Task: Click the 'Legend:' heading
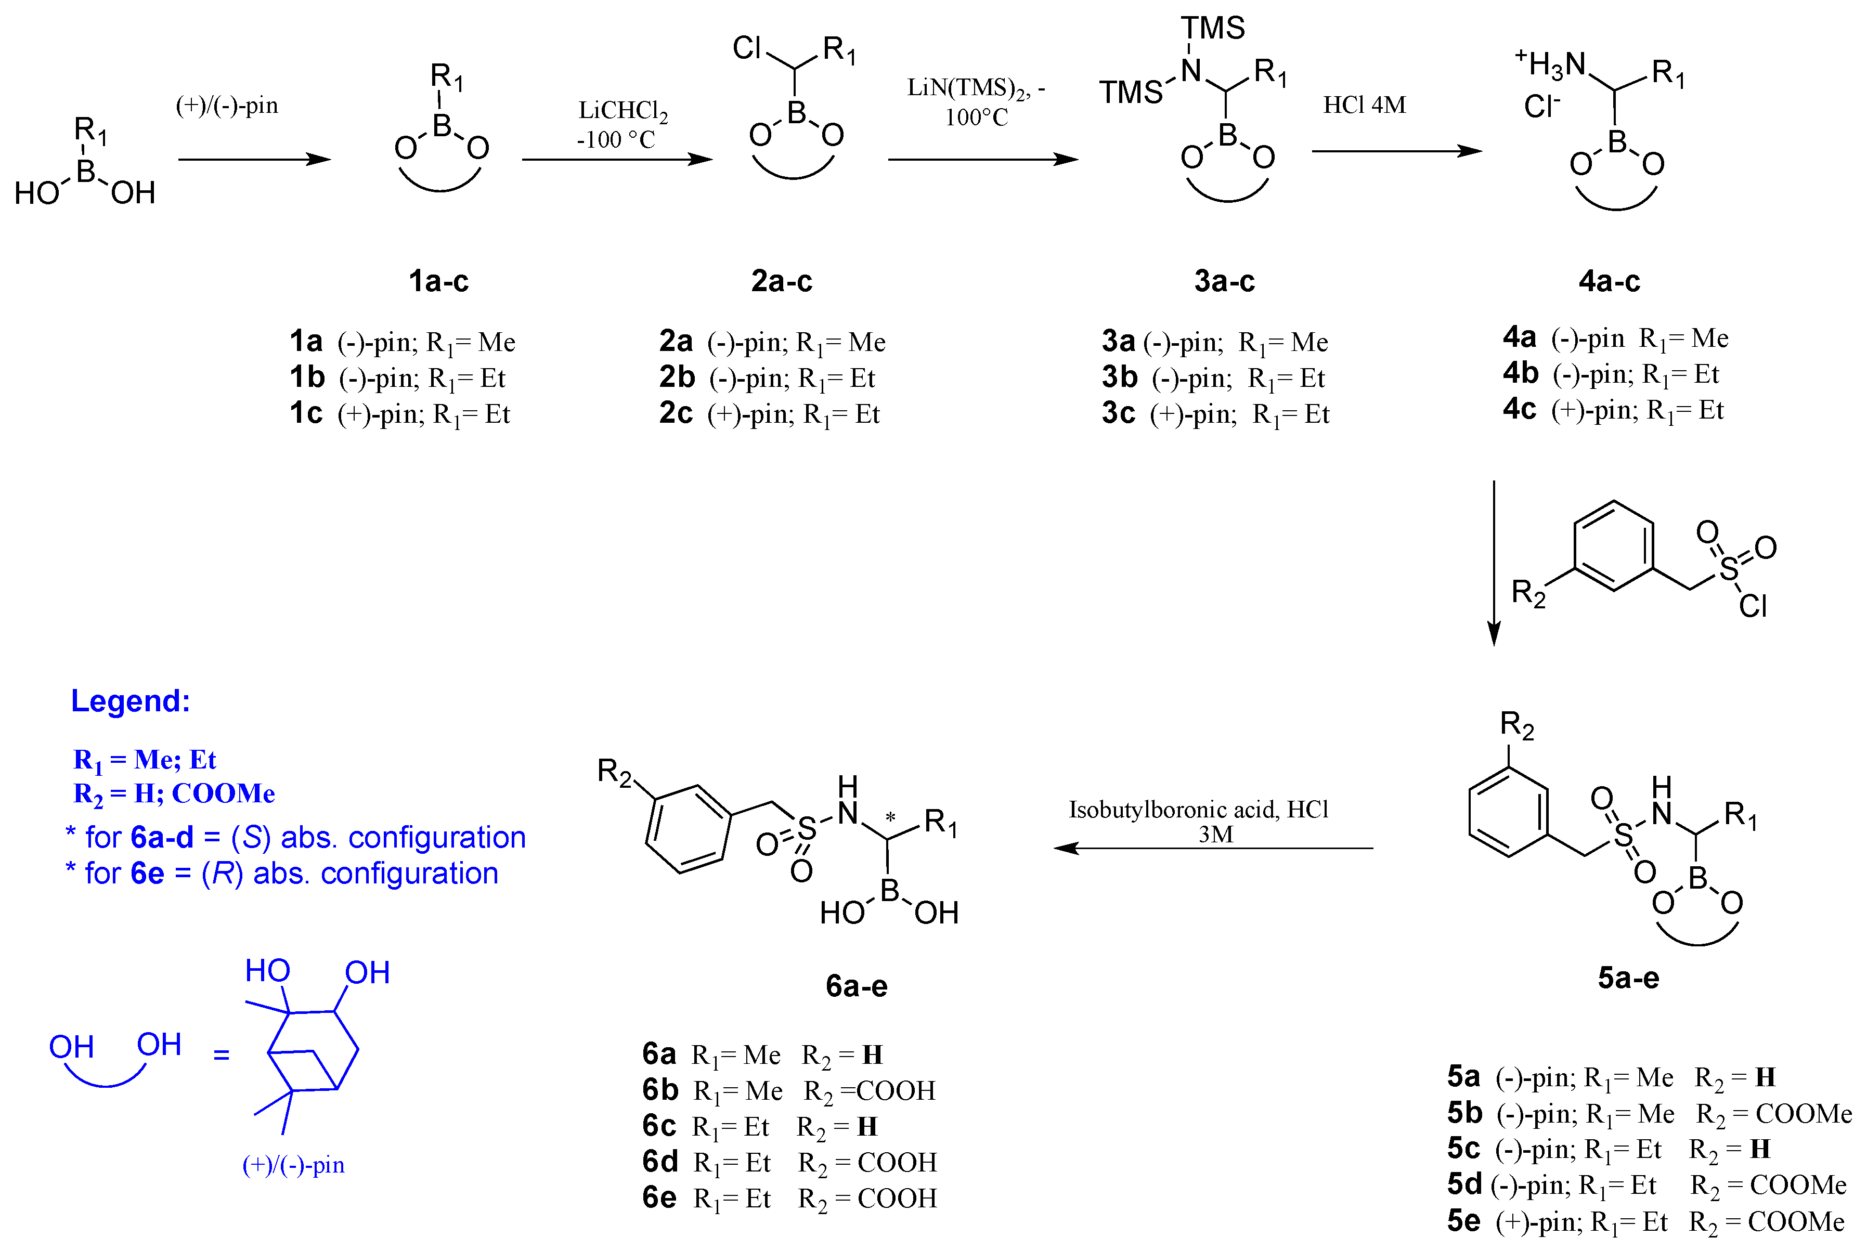tap(131, 701)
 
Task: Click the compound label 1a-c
tap(438, 281)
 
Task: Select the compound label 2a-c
tap(781, 281)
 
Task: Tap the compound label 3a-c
tap(1225, 281)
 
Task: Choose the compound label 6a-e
tap(856, 986)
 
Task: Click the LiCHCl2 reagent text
tap(623, 111)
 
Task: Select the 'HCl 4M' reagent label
tap(1365, 105)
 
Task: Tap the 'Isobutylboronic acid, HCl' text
tap(1198, 809)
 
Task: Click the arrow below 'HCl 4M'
tap(1397, 151)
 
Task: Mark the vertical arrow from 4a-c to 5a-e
tap(1494, 562)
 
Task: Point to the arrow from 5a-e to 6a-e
tap(1213, 848)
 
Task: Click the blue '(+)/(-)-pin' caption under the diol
tap(293, 1165)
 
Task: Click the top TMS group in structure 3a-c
tap(1213, 29)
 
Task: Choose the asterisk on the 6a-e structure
tap(890, 817)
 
